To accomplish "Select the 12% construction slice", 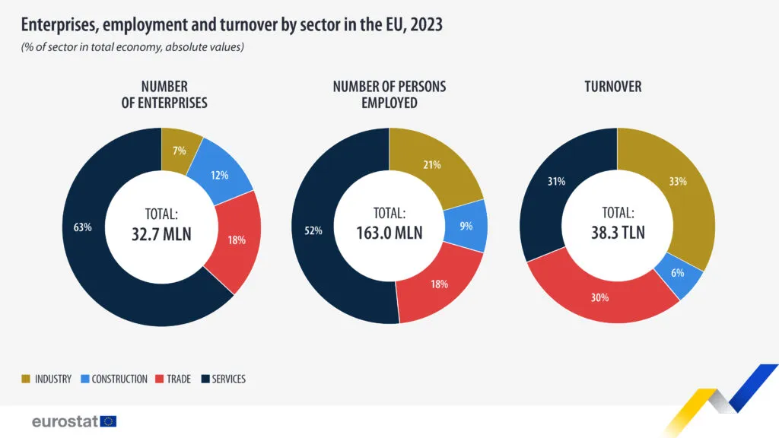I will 221,175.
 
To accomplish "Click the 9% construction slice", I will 466,226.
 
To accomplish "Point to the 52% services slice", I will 313,230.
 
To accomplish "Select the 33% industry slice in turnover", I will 677,182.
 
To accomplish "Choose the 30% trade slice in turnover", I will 600,297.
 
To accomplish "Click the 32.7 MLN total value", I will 161,233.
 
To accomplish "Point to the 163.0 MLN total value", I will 389,233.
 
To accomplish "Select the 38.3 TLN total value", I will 617,233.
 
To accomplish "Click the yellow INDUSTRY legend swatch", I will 26,379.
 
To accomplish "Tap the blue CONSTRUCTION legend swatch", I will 84,379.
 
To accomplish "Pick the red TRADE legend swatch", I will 160,379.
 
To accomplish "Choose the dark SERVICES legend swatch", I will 205,379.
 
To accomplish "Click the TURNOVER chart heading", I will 612,87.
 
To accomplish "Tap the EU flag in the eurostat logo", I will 108,421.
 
